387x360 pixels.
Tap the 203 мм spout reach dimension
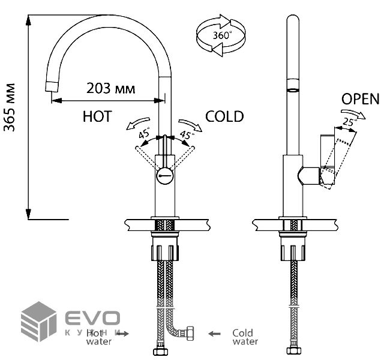tap(111, 88)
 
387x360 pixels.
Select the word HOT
tap(97, 116)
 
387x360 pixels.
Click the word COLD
tap(224, 116)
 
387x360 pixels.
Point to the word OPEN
tap(361, 99)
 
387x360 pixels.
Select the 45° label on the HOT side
tap(144, 133)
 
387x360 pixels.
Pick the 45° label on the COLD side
tap(187, 134)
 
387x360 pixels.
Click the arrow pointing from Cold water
tap(215, 332)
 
